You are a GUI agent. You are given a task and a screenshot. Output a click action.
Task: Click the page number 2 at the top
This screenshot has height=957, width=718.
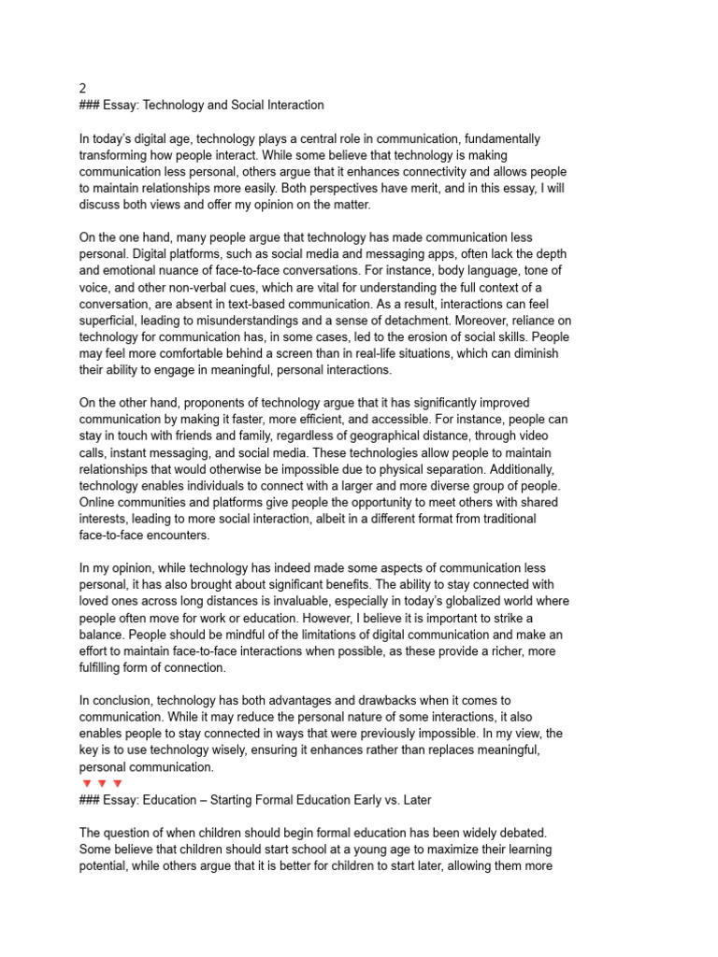82,88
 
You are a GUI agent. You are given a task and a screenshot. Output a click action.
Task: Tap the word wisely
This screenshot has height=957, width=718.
245,750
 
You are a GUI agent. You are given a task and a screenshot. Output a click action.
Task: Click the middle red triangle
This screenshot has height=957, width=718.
102,783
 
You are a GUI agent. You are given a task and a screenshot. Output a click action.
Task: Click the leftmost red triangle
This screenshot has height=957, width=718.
86,783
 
